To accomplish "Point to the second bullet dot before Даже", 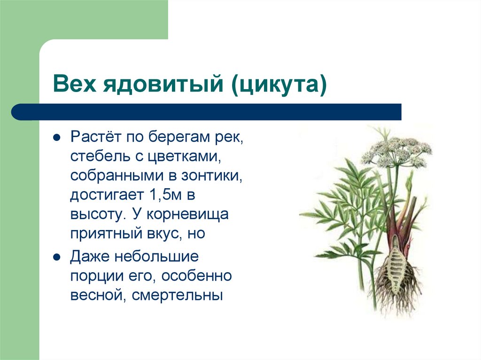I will [x=56, y=257].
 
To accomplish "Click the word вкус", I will [x=154, y=233].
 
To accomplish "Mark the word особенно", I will [x=196, y=276].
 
